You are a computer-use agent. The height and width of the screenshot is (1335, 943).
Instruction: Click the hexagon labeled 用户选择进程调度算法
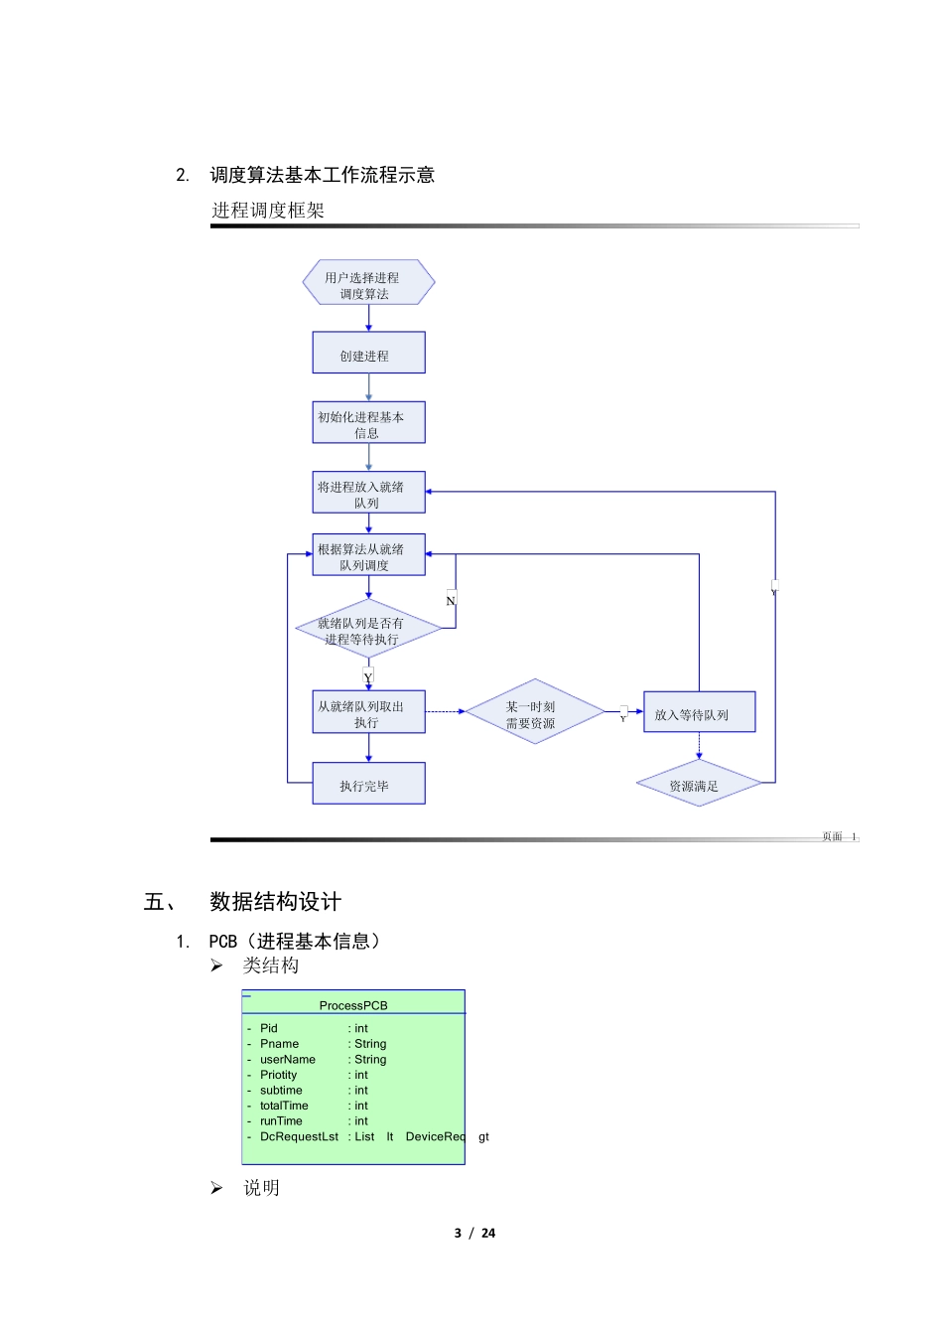(x=368, y=283)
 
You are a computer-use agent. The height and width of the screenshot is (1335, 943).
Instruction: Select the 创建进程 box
(x=368, y=354)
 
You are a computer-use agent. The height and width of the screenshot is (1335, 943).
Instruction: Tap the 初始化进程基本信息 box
(x=368, y=423)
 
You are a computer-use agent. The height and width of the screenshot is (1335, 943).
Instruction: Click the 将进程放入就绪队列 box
(x=368, y=493)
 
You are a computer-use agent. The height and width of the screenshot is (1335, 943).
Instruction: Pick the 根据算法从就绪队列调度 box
(x=368, y=555)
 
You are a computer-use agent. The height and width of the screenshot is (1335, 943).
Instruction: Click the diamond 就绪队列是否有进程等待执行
(x=368, y=630)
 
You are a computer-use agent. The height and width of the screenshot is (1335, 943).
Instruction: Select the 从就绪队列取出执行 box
(x=368, y=712)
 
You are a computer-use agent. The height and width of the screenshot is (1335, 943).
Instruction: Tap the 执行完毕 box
(x=368, y=784)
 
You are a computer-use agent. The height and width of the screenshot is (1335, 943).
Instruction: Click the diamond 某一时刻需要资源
(x=534, y=712)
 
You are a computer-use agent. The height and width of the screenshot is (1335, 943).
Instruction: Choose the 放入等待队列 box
(x=699, y=712)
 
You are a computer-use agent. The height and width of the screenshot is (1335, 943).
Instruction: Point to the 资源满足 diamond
(x=699, y=784)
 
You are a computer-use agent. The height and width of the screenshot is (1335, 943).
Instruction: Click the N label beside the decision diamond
(x=451, y=601)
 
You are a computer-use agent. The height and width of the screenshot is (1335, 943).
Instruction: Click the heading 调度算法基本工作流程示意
(x=322, y=175)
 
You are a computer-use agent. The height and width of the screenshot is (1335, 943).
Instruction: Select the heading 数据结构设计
(x=275, y=902)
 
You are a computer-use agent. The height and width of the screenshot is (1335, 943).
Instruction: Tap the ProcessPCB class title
(x=353, y=1005)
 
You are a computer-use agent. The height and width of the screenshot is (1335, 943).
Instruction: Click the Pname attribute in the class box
(x=279, y=1044)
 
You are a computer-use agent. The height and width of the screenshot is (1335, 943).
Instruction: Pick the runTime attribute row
(x=281, y=1121)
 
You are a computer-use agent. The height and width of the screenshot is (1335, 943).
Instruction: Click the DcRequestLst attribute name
(x=299, y=1136)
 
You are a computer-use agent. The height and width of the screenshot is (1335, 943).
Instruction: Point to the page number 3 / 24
(x=474, y=1233)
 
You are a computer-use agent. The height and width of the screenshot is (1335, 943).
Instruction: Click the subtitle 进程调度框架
(x=268, y=211)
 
